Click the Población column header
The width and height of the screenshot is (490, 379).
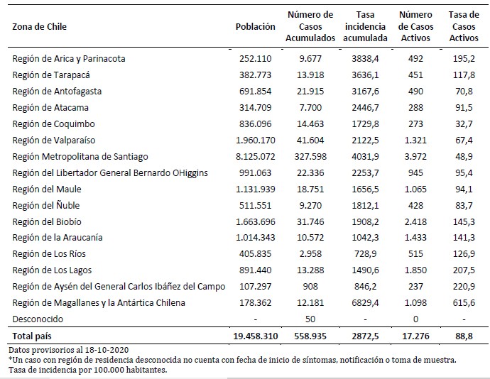[255, 26]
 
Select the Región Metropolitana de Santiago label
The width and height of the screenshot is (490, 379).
[81, 156]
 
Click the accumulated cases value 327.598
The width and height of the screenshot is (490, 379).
[311, 156]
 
